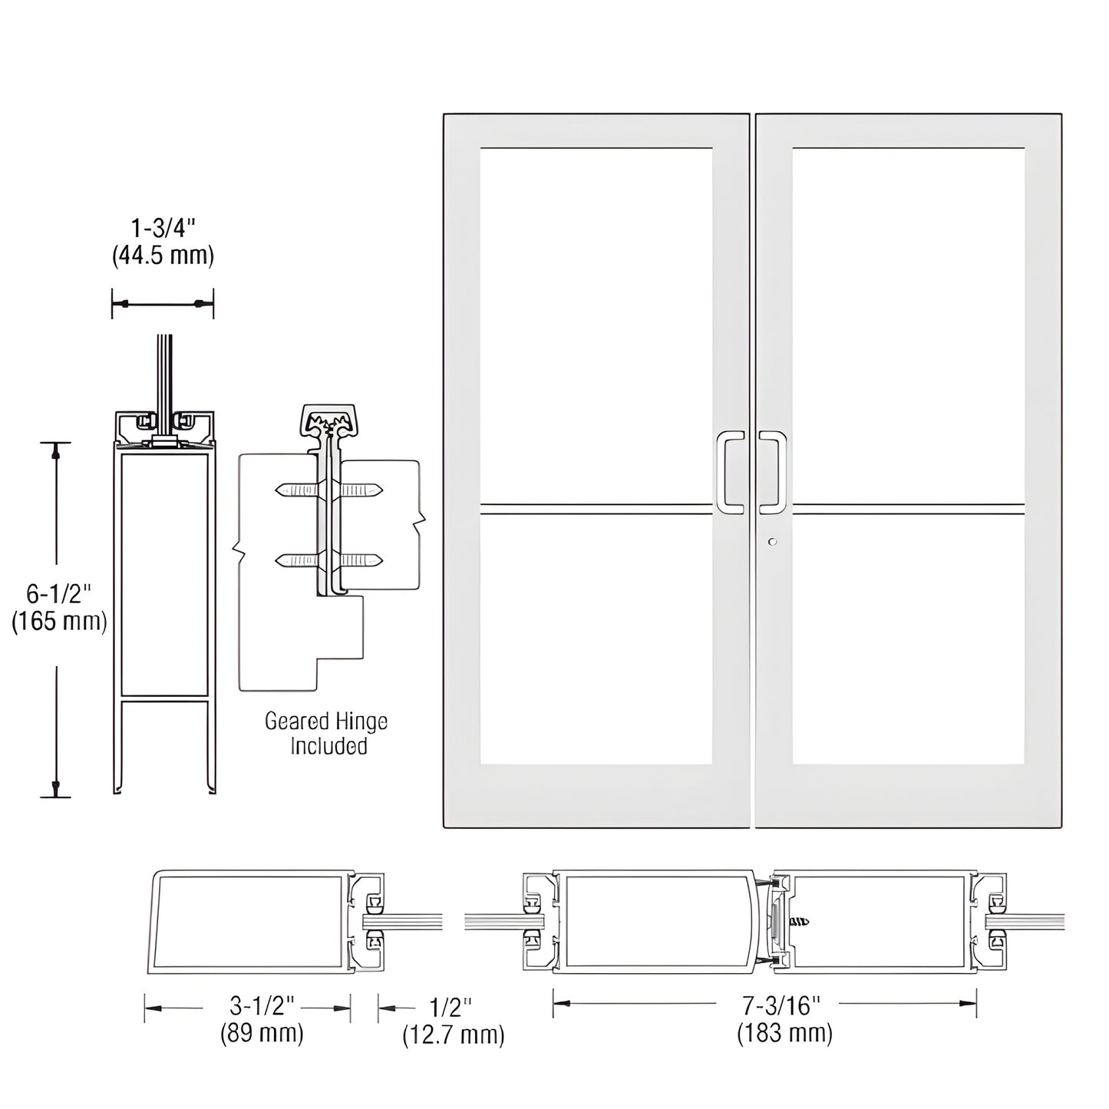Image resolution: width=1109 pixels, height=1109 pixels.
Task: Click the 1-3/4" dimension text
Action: (x=163, y=229)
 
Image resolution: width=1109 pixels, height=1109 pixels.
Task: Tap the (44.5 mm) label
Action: (x=163, y=255)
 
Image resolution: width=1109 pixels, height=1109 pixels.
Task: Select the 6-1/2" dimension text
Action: (x=59, y=593)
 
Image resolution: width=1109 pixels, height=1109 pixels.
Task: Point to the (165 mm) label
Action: (x=59, y=620)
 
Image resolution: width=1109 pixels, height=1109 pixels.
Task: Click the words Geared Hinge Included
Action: (x=327, y=733)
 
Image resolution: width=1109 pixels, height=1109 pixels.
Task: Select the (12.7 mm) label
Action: (x=454, y=1035)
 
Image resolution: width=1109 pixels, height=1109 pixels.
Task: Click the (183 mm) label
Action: (x=784, y=1033)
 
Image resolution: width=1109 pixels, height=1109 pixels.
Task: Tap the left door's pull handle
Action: (x=728, y=472)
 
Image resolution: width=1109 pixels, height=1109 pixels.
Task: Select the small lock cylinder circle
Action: (x=772, y=542)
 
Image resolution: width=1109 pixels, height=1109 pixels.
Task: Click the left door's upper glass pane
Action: (x=596, y=325)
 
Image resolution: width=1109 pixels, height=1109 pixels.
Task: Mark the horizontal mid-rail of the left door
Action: (x=596, y=509)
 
